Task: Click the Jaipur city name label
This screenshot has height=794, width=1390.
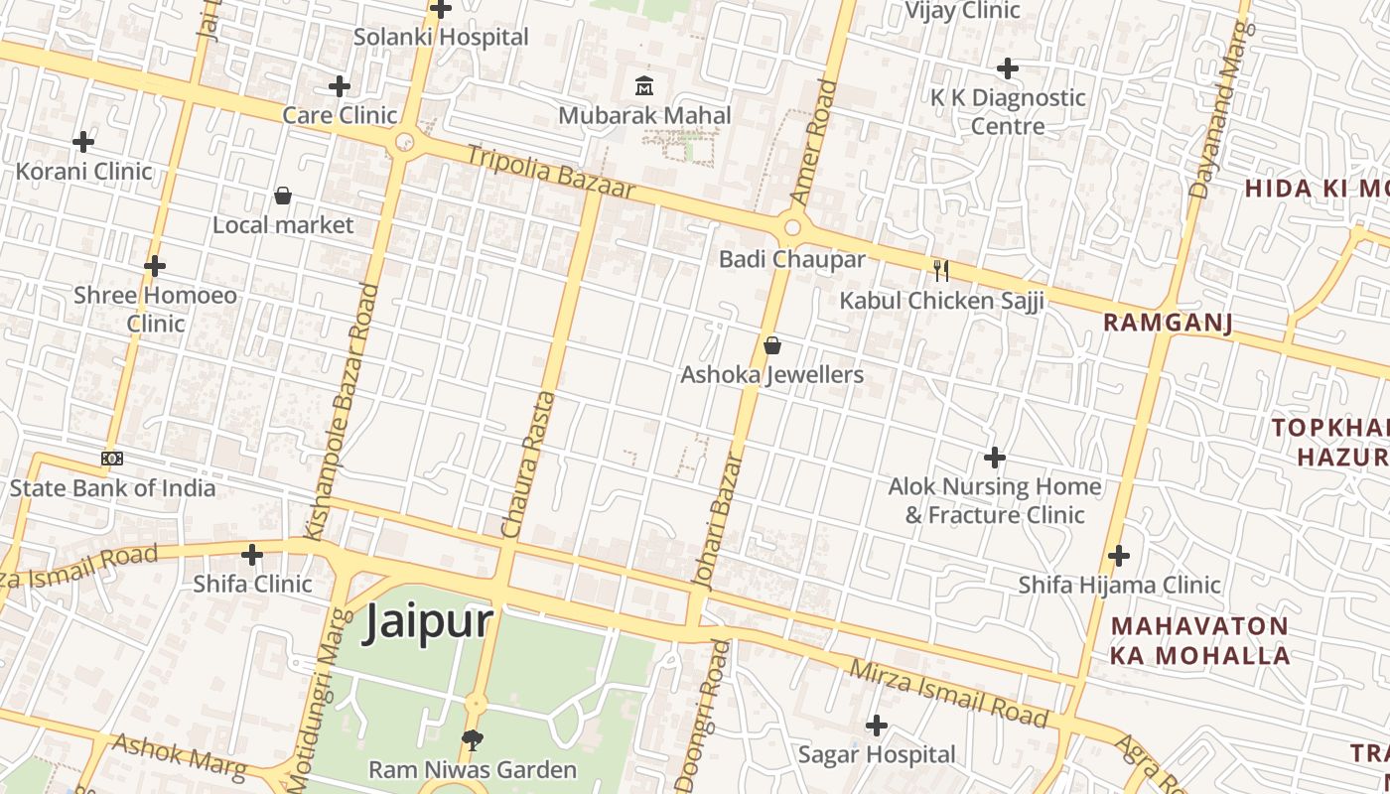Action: [x=428, y=622]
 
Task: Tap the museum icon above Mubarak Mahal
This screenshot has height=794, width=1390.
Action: [x=643, y=85]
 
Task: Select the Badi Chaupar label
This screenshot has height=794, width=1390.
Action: [x=791, y=259]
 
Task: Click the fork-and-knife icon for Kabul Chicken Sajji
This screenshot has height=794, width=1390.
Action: [x=941, y=270]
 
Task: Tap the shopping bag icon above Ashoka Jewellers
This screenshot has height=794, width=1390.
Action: [x=772, y=345]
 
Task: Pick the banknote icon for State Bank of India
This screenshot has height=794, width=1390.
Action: [x=112, y=459]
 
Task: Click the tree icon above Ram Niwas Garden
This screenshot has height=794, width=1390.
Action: [x=473, y=739]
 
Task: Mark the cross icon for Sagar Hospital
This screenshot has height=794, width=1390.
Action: [x=876, y=726]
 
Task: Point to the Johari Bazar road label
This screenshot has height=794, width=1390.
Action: [x=720, y=522]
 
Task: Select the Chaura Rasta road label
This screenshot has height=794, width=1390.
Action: [x=526, y=464]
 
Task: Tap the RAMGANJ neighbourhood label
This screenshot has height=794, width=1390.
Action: [x=1168, y=323]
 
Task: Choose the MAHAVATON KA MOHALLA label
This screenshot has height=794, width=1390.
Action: [x=1199, y=641]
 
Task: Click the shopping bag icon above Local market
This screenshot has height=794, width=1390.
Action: [x=283, y=196]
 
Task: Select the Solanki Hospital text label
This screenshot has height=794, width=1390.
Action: [x=441, y=37]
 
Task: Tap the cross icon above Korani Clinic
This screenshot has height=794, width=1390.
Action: [x=83, y=142]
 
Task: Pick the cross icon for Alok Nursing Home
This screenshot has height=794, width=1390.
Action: [x=994, y=458]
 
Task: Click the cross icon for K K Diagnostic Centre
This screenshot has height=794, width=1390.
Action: [x=1008, y=68]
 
